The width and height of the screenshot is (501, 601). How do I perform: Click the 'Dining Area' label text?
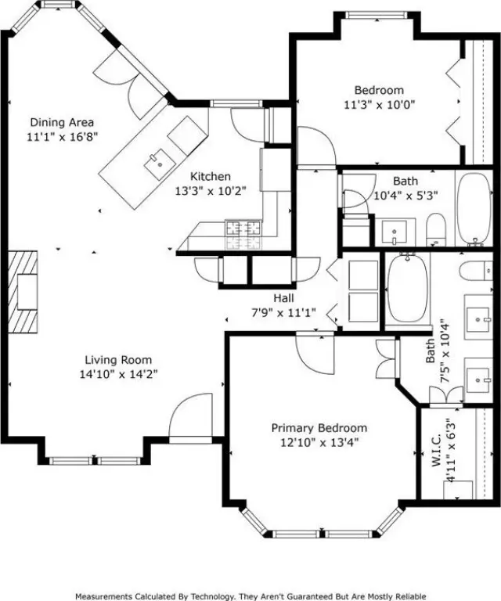62,122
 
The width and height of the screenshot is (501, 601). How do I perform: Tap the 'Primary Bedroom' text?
319,428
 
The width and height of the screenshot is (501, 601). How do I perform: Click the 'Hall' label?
283,298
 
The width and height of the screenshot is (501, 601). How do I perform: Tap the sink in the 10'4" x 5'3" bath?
395,231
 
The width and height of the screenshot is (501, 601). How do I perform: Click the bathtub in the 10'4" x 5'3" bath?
473,207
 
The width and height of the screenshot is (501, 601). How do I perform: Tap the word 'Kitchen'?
211,176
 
